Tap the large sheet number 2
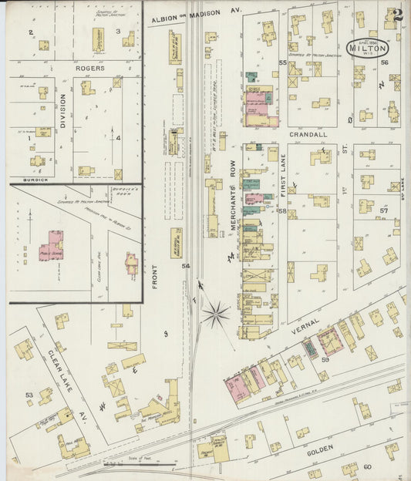[396, 15]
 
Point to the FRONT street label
[155, 275]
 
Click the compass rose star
[216, 314]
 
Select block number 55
[282, 62]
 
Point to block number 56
[383, 63]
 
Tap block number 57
[383, 210]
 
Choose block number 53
[29, 395]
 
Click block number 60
[367, 466]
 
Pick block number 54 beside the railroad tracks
[185, 266]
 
